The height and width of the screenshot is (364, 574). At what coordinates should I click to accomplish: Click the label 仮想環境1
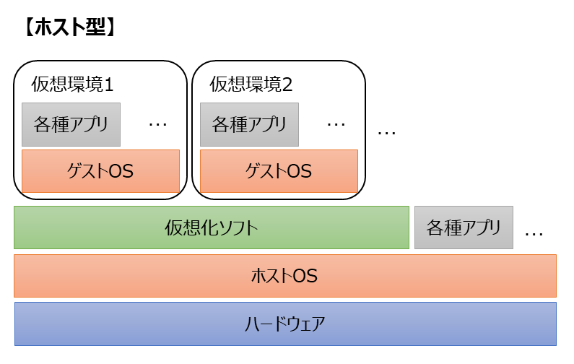(72, 84)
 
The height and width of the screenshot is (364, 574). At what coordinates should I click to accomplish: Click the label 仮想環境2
(251, 84)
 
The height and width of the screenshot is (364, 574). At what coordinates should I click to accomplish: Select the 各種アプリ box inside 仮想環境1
(71, 124)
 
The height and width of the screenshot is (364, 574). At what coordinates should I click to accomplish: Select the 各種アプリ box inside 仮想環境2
(249, 124)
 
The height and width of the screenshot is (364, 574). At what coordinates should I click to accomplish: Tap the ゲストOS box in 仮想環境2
(279, 171)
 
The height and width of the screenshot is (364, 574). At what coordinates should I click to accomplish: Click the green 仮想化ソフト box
(211, 227)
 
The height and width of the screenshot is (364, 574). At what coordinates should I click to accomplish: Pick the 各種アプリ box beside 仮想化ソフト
(464, 227)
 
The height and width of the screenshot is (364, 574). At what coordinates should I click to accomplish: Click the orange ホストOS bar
(284, 275)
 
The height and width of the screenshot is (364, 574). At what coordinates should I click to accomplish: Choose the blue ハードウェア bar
(284, 323)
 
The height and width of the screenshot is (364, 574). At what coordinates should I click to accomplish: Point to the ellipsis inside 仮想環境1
(157, 125)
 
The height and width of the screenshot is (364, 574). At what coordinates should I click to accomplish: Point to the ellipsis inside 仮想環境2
(336, 125)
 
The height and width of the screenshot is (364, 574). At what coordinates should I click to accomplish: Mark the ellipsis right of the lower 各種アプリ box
(534, 234)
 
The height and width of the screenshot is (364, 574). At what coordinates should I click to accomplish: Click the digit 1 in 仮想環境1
(109, 85)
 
